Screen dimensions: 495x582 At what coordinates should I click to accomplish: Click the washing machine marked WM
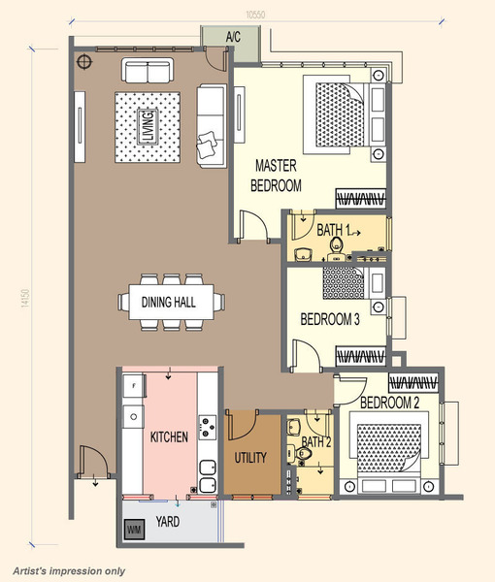coord(134,530)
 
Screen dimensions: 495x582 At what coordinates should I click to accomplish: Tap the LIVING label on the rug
coord(148,127)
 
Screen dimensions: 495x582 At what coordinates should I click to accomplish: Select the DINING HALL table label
coord(169,302)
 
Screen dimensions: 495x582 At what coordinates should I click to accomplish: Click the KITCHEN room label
coord(169,436)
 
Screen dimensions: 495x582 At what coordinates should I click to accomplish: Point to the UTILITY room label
coord(250,457)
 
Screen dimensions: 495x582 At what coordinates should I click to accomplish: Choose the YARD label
coord(168,522)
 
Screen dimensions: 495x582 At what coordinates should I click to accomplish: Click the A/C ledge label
coord(233,37)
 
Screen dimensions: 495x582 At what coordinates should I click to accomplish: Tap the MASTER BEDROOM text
coord(276,176)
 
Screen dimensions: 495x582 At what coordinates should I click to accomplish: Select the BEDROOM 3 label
coord(330,319)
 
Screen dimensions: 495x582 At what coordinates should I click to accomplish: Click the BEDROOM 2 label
coord(389,403)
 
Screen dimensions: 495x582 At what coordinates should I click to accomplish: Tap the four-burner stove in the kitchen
coord(207,427)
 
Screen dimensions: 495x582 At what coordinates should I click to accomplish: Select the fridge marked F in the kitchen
coord(134,386)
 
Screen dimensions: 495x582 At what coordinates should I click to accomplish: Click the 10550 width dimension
coord(255,15)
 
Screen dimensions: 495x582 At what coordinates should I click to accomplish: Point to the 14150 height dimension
coord(25,298)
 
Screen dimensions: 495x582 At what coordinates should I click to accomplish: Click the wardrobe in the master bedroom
coord(361,199)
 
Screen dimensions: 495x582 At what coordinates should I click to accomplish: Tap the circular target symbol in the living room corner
coord(84,62)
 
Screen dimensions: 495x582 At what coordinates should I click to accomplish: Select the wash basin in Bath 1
coord(304,255)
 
